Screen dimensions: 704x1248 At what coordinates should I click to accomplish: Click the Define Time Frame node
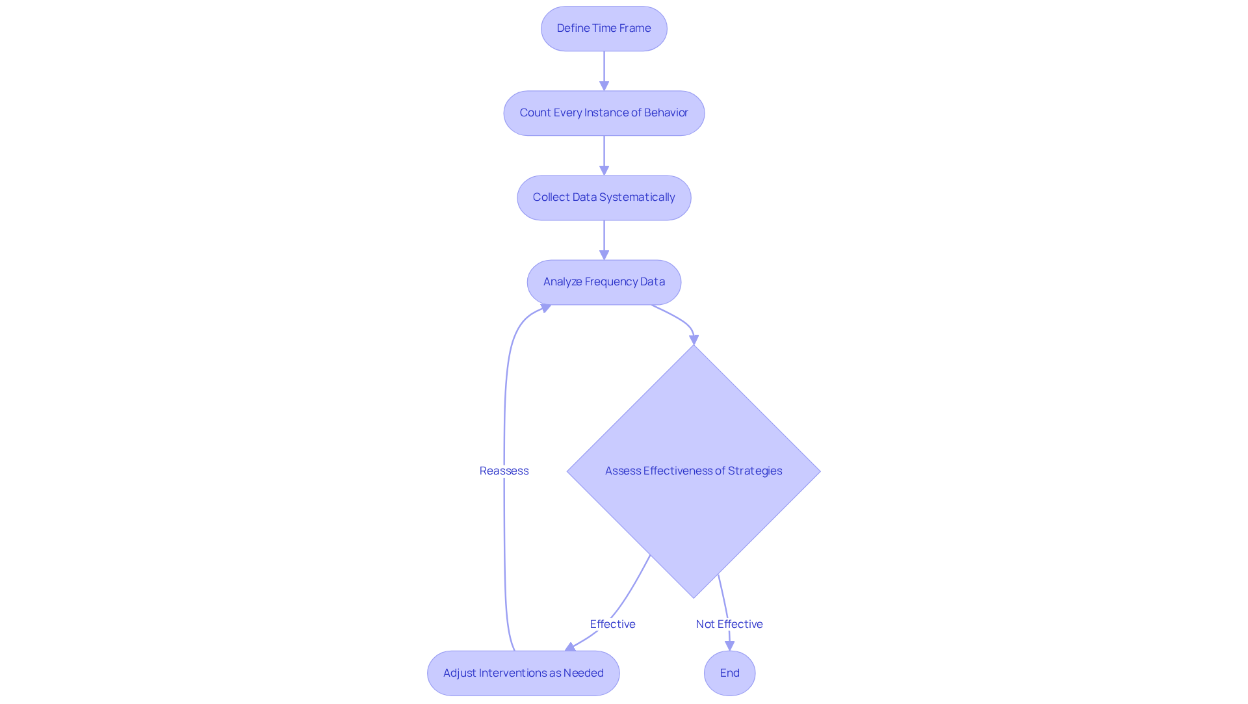point(604,29)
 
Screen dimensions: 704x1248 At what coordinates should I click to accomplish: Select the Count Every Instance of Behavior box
point(604,113)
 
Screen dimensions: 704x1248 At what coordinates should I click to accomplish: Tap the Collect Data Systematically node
point(604,198)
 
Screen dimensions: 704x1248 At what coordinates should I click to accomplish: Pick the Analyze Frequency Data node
point(604,282)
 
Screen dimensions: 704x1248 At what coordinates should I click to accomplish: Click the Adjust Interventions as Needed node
point(523,673)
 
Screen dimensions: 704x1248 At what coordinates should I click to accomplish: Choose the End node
point(729,673)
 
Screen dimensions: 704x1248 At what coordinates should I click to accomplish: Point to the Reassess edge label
point(504,471)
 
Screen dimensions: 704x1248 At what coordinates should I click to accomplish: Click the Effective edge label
point(612,624)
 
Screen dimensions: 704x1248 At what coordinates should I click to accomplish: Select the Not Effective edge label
point(729,624)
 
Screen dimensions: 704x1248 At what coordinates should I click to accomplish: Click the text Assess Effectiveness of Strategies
point(694,471)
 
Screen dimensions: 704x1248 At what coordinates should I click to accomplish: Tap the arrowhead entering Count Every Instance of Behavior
point(604,85)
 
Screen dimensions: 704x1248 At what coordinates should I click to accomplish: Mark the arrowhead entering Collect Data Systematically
point(604,170)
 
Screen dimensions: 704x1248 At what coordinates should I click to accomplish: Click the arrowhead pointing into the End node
point(729,645)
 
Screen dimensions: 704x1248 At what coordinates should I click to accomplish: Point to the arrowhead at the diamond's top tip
point(694,339)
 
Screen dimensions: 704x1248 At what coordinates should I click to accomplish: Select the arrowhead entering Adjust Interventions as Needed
point(571,647)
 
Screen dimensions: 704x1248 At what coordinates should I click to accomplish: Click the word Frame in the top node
point(635,28)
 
